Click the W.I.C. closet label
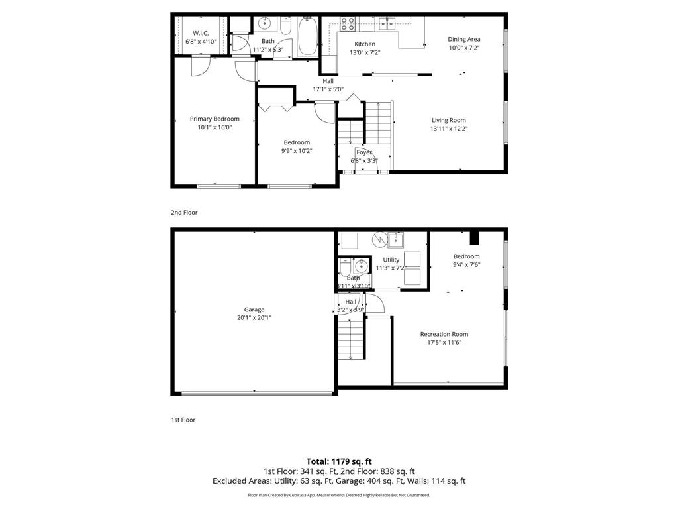click(x=201, y=33)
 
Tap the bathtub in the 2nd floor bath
click(x=308, y=37)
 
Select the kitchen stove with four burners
click(x=348, y=24)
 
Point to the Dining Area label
click(x=463, y=39)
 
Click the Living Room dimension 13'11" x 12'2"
click(x=448, y=129)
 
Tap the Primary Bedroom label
click(x=215, y=119)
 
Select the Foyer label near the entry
click(x=364, y=152)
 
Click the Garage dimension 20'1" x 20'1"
click(x=254, y=317)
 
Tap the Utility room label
click(x=391, y=260)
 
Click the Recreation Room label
click(x=444, y=334)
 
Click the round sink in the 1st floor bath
click(x=360, y=267)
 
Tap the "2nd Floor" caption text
click(x=184, y=213)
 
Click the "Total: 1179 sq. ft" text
click(x=339, y=461)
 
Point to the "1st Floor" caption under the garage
click(x=183, y=420)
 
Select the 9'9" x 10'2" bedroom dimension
click(x=297, y=150)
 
